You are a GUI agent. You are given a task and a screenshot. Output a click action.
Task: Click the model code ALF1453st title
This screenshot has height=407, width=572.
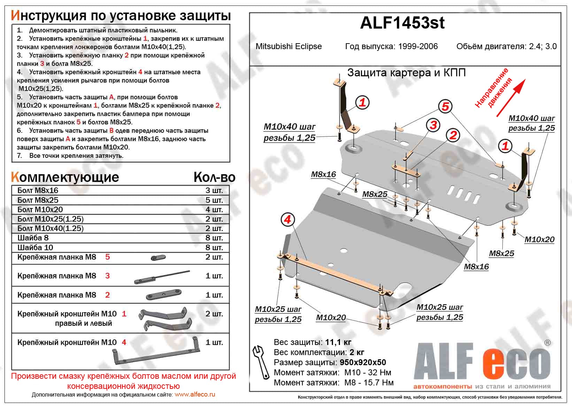click(402, 23)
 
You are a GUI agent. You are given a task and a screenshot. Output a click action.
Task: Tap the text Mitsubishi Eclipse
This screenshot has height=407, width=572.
click(288, 46)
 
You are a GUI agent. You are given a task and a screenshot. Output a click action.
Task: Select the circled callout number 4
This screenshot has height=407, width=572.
click(287, 220)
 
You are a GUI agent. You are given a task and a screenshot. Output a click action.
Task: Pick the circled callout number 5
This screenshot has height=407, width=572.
click(445, 106)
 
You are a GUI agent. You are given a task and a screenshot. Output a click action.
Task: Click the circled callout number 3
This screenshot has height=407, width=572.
click(433, 125)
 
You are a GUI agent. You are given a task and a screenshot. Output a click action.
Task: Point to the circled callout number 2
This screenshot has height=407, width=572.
click(453, 135)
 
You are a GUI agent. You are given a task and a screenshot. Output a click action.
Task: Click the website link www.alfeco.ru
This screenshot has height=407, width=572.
click(195, 394)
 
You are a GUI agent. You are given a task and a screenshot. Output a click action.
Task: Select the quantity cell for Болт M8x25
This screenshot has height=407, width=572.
click(214, 200)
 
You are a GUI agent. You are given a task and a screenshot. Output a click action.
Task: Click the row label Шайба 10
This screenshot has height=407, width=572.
click(35, 247)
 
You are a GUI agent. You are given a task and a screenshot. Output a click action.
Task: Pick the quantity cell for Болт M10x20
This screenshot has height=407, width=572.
click(214, 209)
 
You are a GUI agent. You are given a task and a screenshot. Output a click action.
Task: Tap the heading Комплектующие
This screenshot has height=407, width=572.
click(65, 177)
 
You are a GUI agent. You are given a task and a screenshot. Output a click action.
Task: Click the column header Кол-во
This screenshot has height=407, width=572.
click(214, 177)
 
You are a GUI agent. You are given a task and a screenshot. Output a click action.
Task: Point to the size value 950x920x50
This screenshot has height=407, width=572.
click(363, 362)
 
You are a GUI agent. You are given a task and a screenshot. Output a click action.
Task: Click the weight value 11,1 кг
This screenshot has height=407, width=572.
click(338, 342)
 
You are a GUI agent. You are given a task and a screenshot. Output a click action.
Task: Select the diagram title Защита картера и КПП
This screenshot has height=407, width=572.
click(407, 72)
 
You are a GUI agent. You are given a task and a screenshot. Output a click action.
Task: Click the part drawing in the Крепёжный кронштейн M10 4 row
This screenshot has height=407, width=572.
click(156, 352)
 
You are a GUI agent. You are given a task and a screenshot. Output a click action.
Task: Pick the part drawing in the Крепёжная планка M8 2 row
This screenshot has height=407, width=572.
click(163, 295)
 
